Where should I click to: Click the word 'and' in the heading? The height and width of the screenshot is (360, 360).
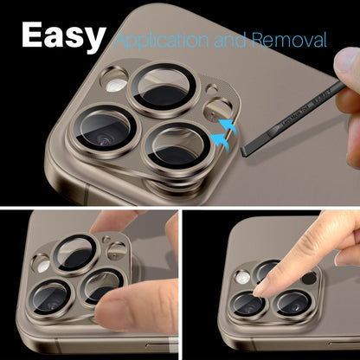[236, 40]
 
